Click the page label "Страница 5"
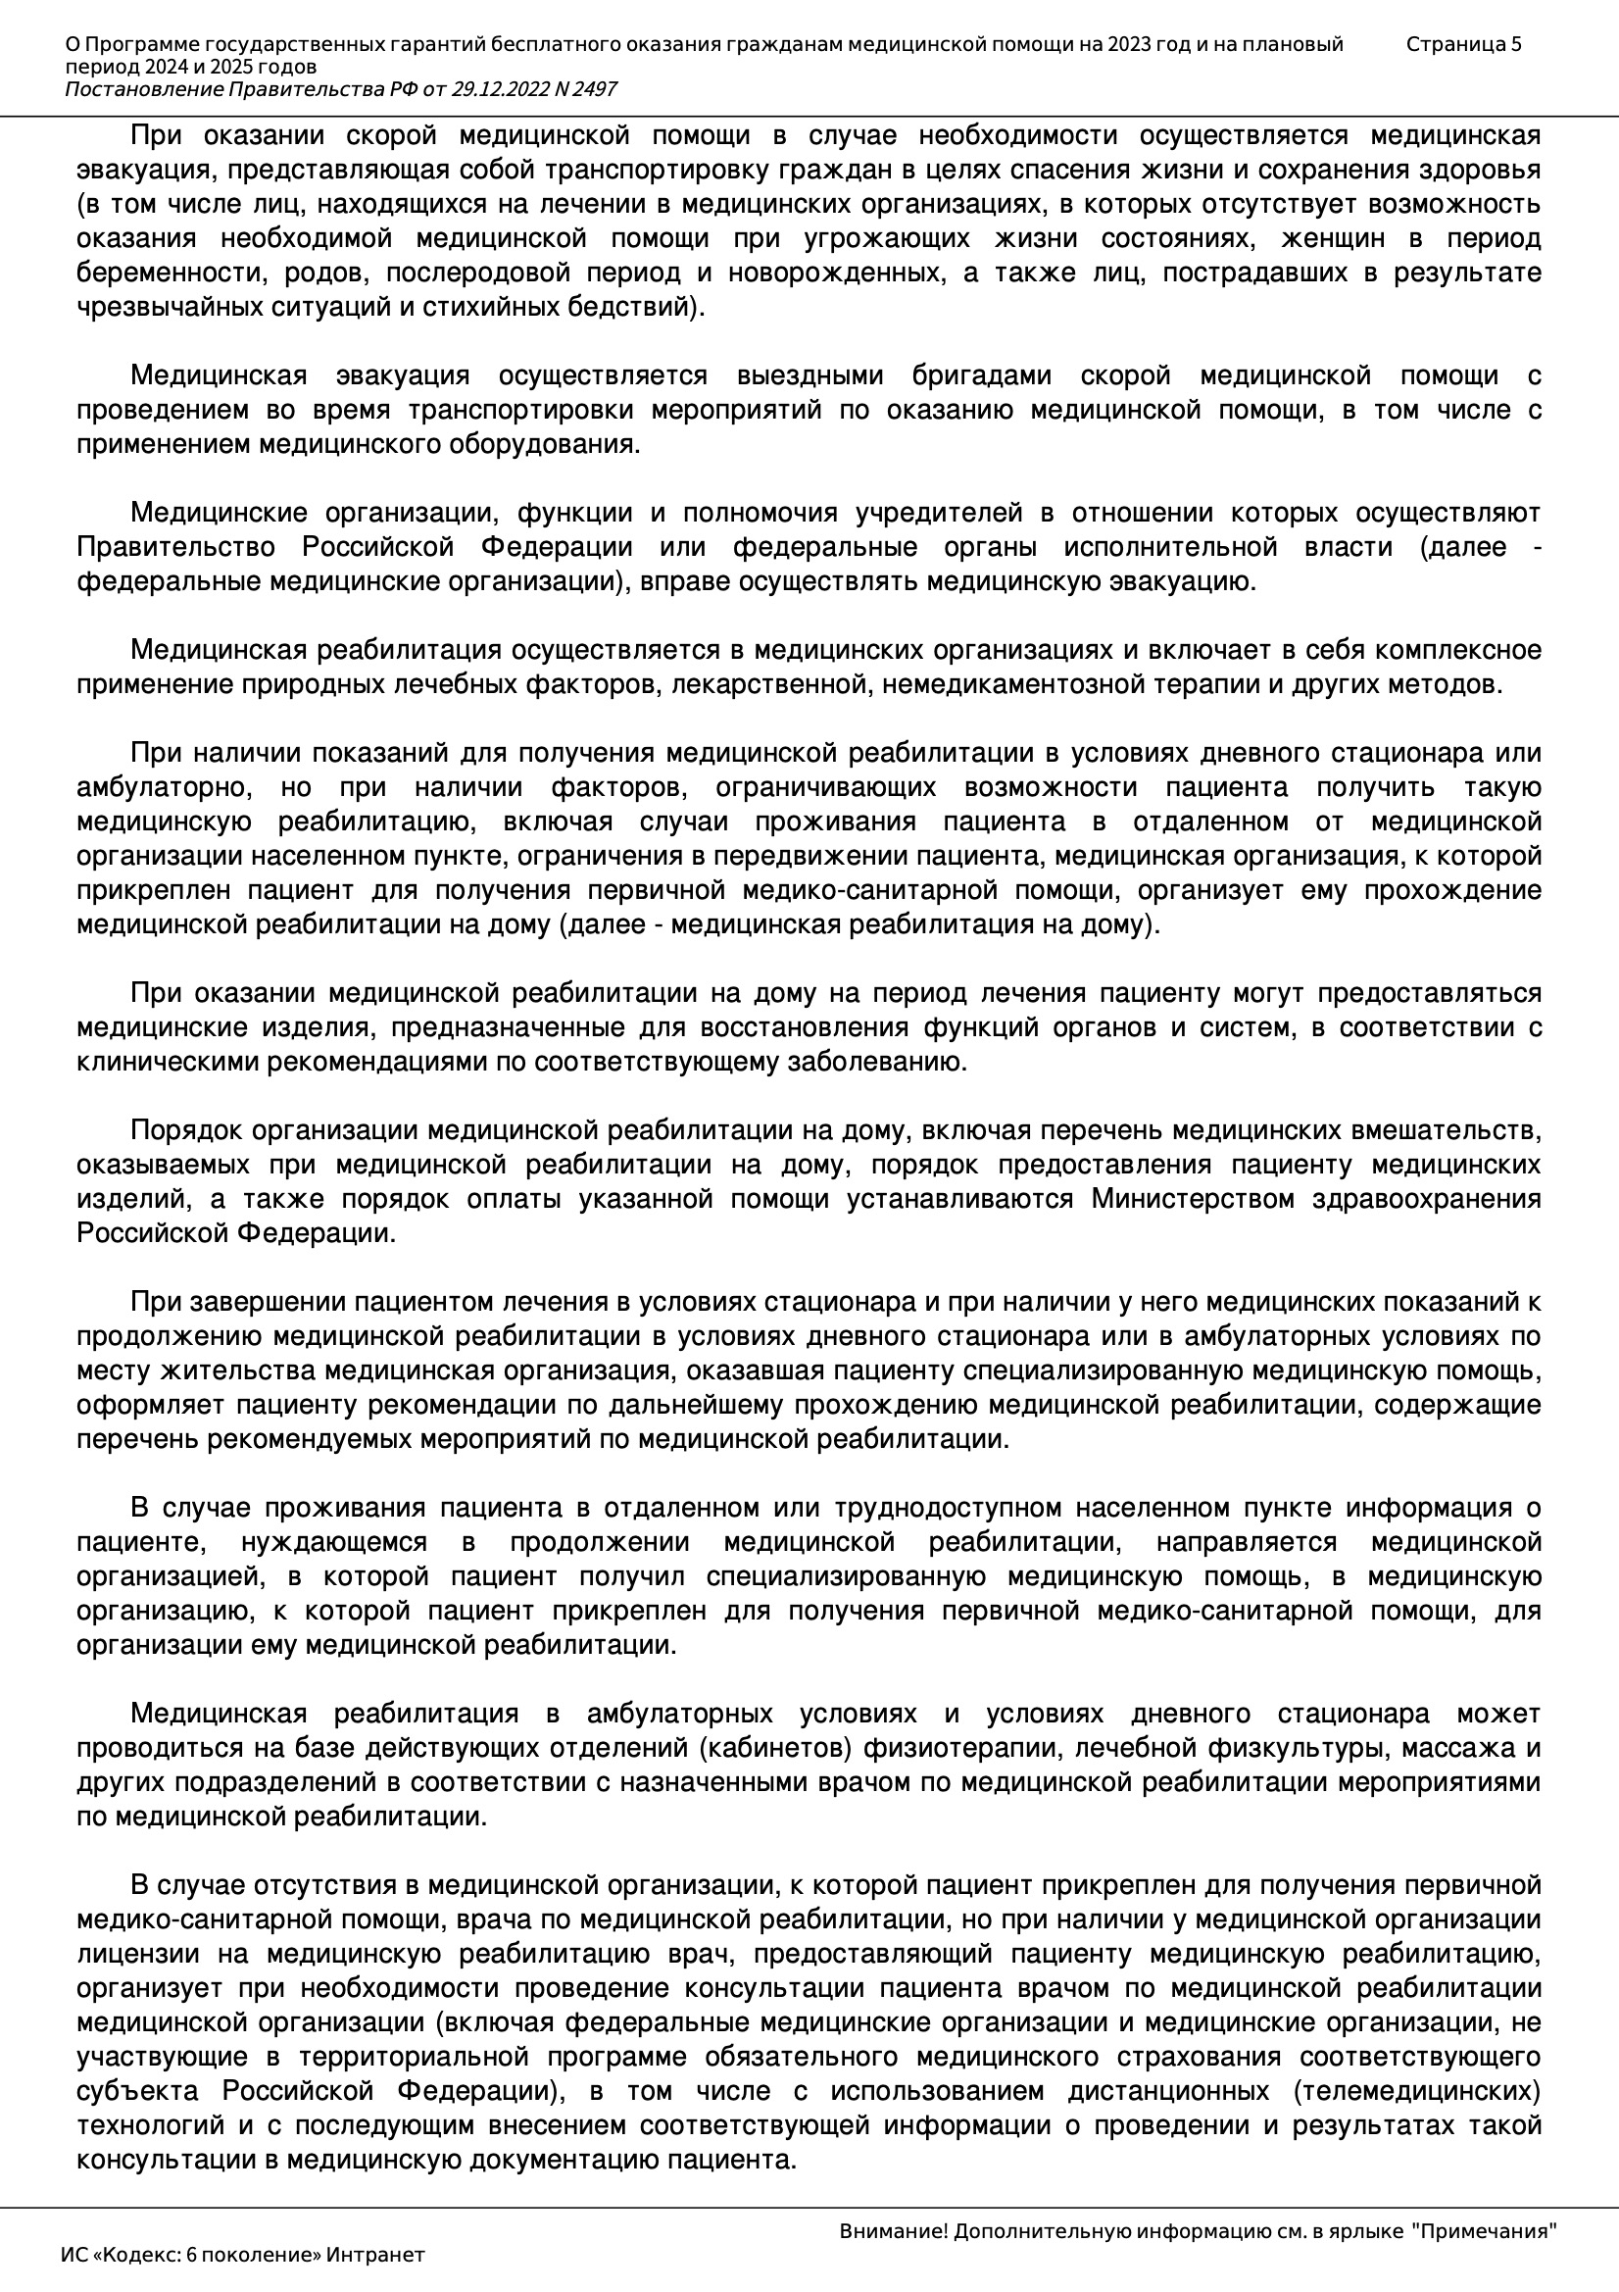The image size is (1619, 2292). pyautogui.click(x=1463, y=44)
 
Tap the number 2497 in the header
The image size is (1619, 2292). pyautogui.click(x=595, y=90)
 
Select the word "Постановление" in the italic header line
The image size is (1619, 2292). pyautogui.click(x=145, y=90)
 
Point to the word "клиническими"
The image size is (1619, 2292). pyautogui.click(x=167, y=1061)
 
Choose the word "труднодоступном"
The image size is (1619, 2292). pyautogui.click(x=957, y=1508)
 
